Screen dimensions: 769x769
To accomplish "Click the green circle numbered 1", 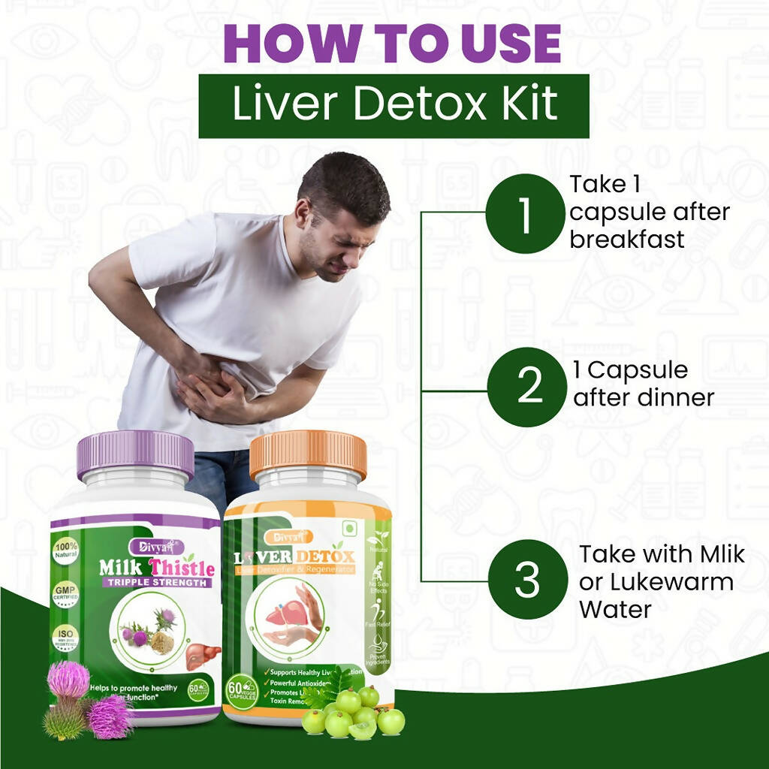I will coord(524,213).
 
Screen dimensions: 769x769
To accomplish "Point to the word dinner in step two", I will coord(673,397).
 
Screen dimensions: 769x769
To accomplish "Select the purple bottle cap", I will coord(135,454).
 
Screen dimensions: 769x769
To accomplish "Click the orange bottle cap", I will coord(308,453).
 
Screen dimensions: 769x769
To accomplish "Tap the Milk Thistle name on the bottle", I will coord(157,567).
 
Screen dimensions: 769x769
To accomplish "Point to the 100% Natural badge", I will coord(66,552).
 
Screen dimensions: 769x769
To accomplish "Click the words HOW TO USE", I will coord(392,44).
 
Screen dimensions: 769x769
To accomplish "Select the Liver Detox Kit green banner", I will coord(394,105).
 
